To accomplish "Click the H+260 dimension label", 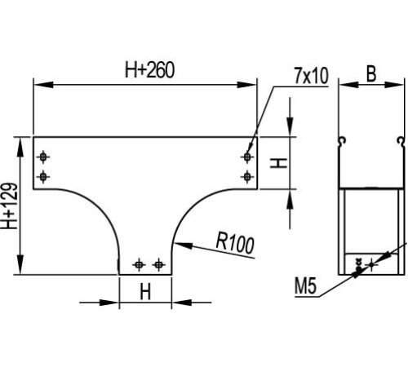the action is click(x=149, y=70).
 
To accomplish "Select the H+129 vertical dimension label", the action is click(x=10, y=206).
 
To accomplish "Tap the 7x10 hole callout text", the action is click(x=311, y=76).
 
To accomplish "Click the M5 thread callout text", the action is click(x=306, y=286).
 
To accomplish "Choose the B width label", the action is click(x=371, y=74).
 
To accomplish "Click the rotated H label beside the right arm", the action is click(x=278, y=163).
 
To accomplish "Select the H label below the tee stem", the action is click(x=145, y=292).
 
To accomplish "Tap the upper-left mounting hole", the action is click(x=43, y=157).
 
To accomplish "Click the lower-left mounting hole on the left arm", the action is click(x=43, y=177).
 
